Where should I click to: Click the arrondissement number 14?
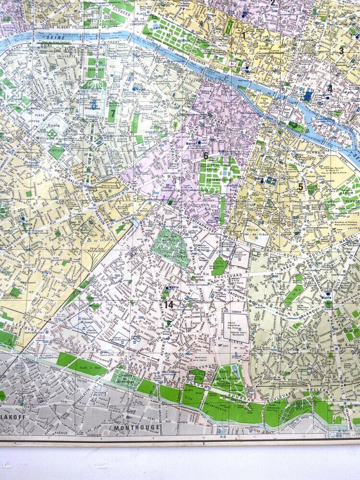[168, 304]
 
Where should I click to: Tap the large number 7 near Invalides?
[112, 114]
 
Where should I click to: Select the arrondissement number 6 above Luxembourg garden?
[205, 156]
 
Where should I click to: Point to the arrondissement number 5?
[300, 187]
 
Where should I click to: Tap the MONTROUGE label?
[130, 427]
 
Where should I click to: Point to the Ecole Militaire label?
[47, 132]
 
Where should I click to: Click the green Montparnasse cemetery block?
[169, 248]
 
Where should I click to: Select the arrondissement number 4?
[329, 88]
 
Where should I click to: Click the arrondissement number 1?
[243, 35]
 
